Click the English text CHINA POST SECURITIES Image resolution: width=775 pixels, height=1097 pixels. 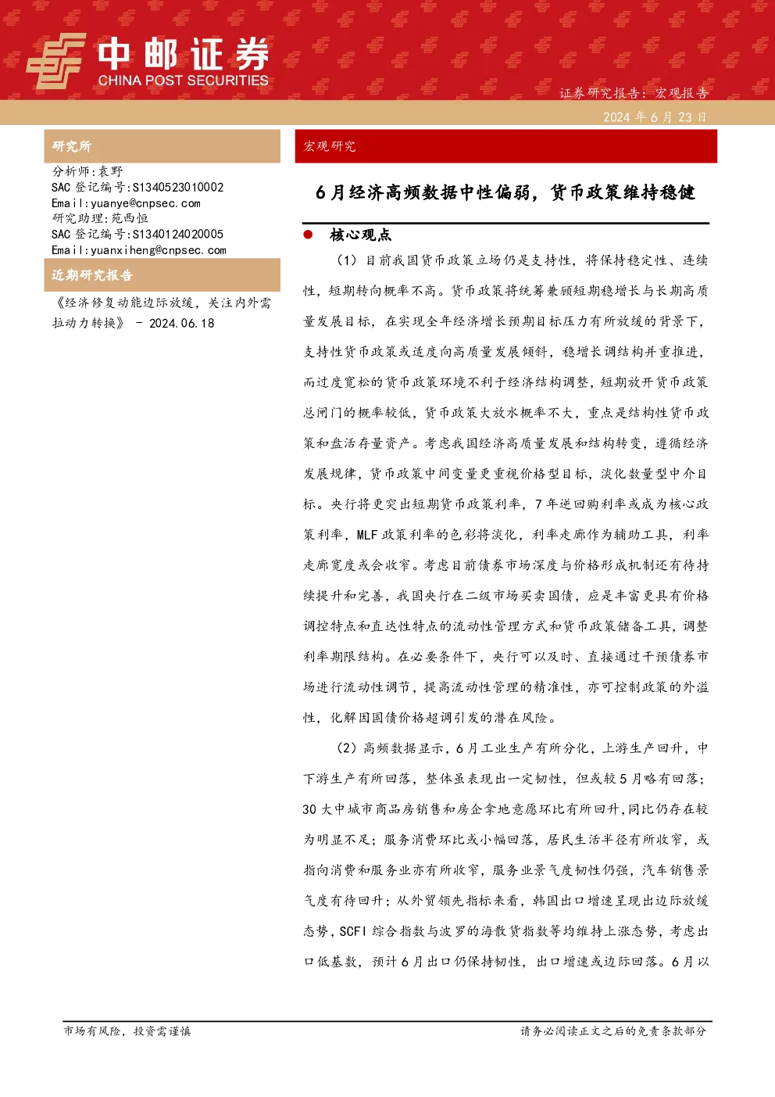pos(183,81)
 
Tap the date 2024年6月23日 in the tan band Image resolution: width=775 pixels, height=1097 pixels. pos(655,117)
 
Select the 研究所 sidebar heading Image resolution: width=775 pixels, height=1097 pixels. pos(72,146)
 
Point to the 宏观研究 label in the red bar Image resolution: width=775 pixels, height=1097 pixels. pos(329,146)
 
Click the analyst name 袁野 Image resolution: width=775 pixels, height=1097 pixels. pos(111,171)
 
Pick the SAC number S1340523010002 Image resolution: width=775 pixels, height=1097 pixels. pos(178,187)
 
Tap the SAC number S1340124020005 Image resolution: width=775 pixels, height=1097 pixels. pos(178,234)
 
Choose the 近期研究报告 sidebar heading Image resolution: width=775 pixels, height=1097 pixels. pos(92,275)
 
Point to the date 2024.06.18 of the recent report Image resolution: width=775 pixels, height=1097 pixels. pos(181,323)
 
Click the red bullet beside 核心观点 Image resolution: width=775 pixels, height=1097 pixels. pos(308,235)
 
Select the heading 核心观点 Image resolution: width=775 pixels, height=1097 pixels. pos(361,235)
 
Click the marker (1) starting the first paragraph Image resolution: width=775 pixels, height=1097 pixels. pos(347,260)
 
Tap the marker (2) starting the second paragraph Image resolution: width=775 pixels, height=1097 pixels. pos(347,748)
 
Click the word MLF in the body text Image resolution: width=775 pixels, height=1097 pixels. pos(367,535)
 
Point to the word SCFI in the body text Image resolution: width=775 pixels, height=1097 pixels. pos(353,931)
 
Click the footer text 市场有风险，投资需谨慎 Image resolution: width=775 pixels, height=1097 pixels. pos(127,1031)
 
